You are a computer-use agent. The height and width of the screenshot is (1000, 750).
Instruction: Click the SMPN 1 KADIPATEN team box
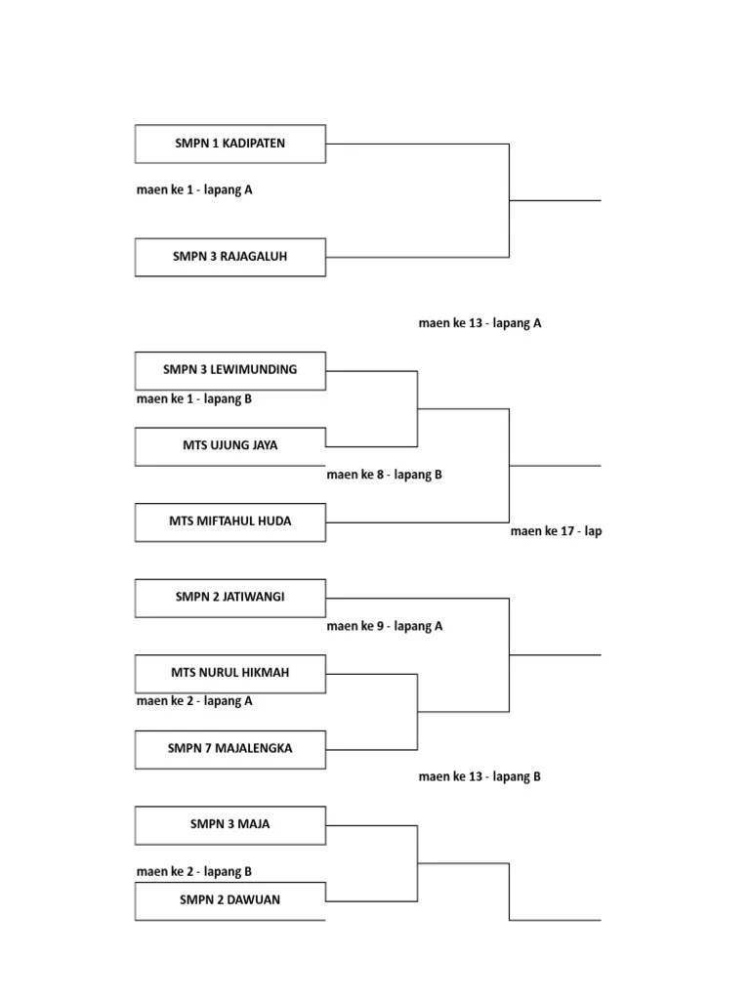(x=230, y=144)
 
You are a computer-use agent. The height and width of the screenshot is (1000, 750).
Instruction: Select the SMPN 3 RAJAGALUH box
(x=230, y=258)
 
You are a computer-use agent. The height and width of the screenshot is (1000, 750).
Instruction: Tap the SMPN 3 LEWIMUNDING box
(x=230, y=370)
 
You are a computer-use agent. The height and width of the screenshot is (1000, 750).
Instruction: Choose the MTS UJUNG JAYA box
(x=230, y=446)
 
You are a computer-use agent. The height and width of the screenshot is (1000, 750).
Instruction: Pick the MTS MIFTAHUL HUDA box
(x=230, y=521)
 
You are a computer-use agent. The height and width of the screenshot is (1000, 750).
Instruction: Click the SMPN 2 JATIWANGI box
(x=230, y=598)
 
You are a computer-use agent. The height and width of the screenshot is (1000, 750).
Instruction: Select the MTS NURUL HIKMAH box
(x=230, y=673)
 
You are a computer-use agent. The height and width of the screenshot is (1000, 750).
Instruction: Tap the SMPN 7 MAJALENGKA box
(x=230, y=749)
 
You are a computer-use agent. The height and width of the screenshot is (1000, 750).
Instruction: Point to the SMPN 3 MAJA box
(x=230, y=824)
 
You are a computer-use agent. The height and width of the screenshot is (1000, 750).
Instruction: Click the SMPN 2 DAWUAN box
(x=230, y=900)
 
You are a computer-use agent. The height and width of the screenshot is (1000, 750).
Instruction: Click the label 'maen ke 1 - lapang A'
(x=194, y=190)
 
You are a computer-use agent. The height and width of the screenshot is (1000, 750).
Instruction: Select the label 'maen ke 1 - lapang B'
(x=194, y=398)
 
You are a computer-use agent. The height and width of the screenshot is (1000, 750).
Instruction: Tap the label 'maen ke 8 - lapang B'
(x=385, y=476)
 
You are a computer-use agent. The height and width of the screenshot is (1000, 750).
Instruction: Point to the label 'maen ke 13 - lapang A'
(x=479, y=324)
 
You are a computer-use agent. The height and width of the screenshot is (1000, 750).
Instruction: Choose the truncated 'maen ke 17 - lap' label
(x=556, y=532)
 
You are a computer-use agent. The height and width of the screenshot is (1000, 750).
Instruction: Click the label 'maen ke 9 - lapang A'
(x=385, y=627)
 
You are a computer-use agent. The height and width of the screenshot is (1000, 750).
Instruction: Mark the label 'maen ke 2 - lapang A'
(x=194, y=701)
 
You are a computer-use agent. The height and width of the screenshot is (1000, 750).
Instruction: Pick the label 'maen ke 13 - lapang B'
(x=479, y=777)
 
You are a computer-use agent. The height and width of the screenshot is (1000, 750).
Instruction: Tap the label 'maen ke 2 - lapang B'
(x=194, y=872)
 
